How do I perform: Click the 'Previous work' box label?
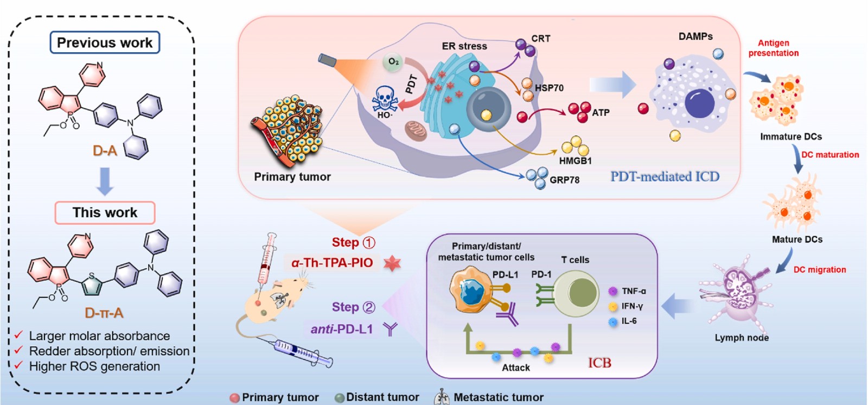click(x=105, y=42)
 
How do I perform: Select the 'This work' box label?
click(x=105, y=213)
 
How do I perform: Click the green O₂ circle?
click(x=393, y=62)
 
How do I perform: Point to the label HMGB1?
click(x=576, y=161)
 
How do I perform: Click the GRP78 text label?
click(x=565, y=180)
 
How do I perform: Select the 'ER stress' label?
click(x=464, y=46)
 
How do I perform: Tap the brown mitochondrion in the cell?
click(x=416, y=130)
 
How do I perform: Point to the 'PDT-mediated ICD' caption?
click(x=665, y=176)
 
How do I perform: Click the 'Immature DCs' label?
click(x=791, y=137)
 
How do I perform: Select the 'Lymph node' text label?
click(x=742, y=338)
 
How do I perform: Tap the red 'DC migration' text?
click(x=820, y=270)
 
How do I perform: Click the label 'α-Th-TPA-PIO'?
click(x=332, y=263)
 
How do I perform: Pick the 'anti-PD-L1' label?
click(x=341, y=330)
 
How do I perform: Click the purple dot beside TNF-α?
click(x=612, y=291)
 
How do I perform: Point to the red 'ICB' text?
click(x=599, y=363)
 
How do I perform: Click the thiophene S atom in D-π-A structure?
click(x=92, y=276)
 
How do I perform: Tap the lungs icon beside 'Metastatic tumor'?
click(x=442, y=397)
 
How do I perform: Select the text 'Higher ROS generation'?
click(x=94, y=366)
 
